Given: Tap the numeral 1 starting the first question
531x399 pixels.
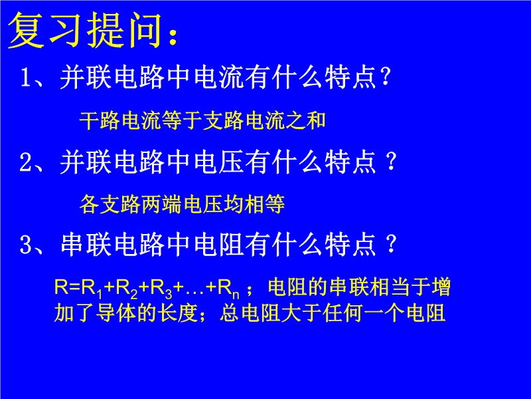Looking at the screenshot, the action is pyautogui.click(x=26, y=77).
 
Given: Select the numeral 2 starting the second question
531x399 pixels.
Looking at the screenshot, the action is pyautogui.click(x=26, y=162).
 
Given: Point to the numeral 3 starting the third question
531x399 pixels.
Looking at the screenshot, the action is pyautogui.click(x=26, y=244).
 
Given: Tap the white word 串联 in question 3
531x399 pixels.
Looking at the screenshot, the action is pyautogui.click(x=86, y=244).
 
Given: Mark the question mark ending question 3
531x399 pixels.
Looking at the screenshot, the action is pyautogui.click(x=391, y=244).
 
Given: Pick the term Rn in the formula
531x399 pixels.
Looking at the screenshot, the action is pyautogui.click(x=228, y=289).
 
